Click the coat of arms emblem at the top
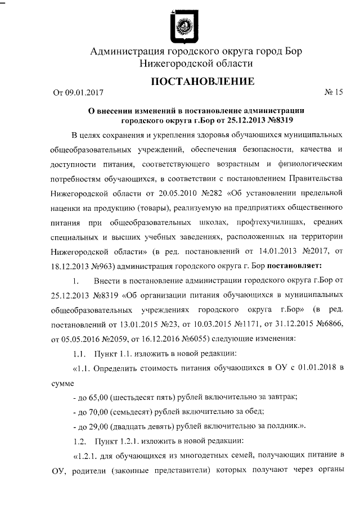point(183,26)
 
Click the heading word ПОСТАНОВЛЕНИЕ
point(202,82)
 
